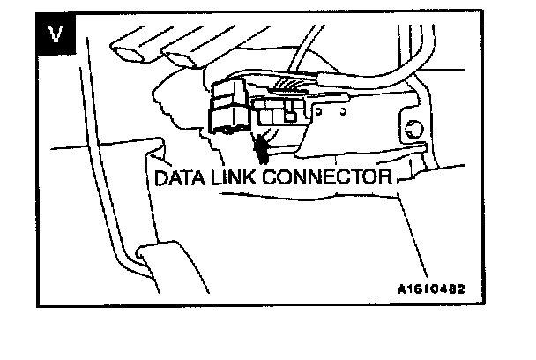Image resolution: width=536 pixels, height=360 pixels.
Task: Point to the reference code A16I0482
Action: pos(431,288)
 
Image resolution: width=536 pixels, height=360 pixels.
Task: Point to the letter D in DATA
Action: pos(161,177)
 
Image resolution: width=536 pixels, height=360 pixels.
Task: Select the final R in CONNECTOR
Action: pos(384,177)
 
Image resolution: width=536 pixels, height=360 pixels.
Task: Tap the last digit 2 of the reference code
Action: pos(461,288)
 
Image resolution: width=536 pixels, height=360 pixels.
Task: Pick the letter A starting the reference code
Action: pos(401,288)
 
